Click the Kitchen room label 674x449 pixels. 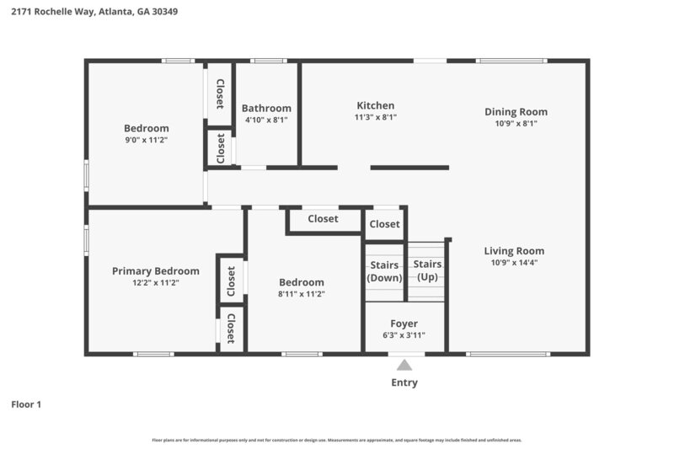(x=376, y=105)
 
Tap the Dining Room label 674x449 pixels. (x=516, y=111)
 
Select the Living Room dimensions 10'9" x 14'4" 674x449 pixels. (x=514, y=263)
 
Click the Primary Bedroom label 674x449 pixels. (x=156, y=271)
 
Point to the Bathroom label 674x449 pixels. (x=266, y=108)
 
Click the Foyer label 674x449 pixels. (x=404, y=323)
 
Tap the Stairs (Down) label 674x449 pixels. (x=384, y=271)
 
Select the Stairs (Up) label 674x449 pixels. (x=426, y=270)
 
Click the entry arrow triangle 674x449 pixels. (x=404, y=365)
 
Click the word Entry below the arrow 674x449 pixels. (x=404, y=382)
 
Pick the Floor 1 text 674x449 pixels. (x=26, y=404)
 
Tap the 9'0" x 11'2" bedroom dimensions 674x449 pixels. (x=147, y=140)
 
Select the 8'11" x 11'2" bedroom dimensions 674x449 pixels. (x=302, y=294)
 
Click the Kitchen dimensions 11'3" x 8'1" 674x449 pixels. (x=376, y=117)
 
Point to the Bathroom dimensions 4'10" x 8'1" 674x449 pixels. (x=266, y=120)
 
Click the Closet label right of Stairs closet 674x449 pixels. (x=384, y=224)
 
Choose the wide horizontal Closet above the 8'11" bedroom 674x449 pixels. (x=323, y=219)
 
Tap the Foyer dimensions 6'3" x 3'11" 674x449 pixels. (x=404, y=335)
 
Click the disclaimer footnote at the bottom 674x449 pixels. (x=337, y=440)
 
